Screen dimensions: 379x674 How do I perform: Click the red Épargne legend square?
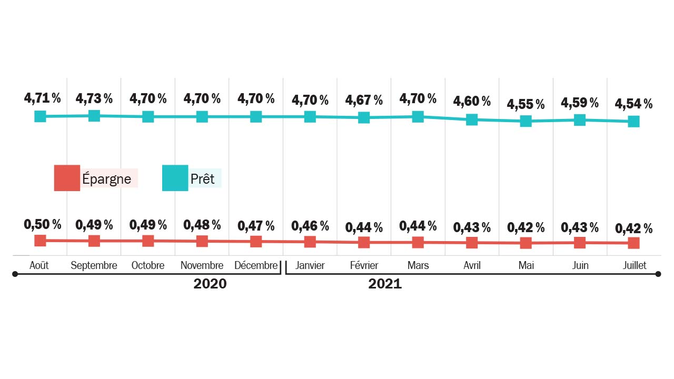67,178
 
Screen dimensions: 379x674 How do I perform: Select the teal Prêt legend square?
175,178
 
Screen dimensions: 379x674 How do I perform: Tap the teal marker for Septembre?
94,116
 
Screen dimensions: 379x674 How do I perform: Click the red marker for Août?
40,241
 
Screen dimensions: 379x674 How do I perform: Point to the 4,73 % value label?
94,98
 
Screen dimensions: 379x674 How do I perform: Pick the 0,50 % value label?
43,224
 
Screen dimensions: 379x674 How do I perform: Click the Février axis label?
364,265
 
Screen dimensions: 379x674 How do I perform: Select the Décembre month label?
256,265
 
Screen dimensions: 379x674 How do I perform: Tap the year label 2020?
210,284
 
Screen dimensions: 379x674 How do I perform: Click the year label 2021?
385,284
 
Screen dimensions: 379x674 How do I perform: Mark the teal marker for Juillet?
633,121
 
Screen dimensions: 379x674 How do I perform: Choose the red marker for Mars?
418,242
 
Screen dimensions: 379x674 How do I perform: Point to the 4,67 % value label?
364,100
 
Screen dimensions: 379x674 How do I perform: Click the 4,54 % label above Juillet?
633,104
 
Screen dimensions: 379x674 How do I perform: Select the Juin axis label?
580,265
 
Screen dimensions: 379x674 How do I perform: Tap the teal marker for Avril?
472,119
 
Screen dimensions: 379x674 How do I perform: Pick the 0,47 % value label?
256,226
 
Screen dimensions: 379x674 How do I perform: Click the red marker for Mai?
526,243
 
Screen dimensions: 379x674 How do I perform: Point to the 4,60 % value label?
472,101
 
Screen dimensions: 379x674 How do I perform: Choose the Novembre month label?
202,265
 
